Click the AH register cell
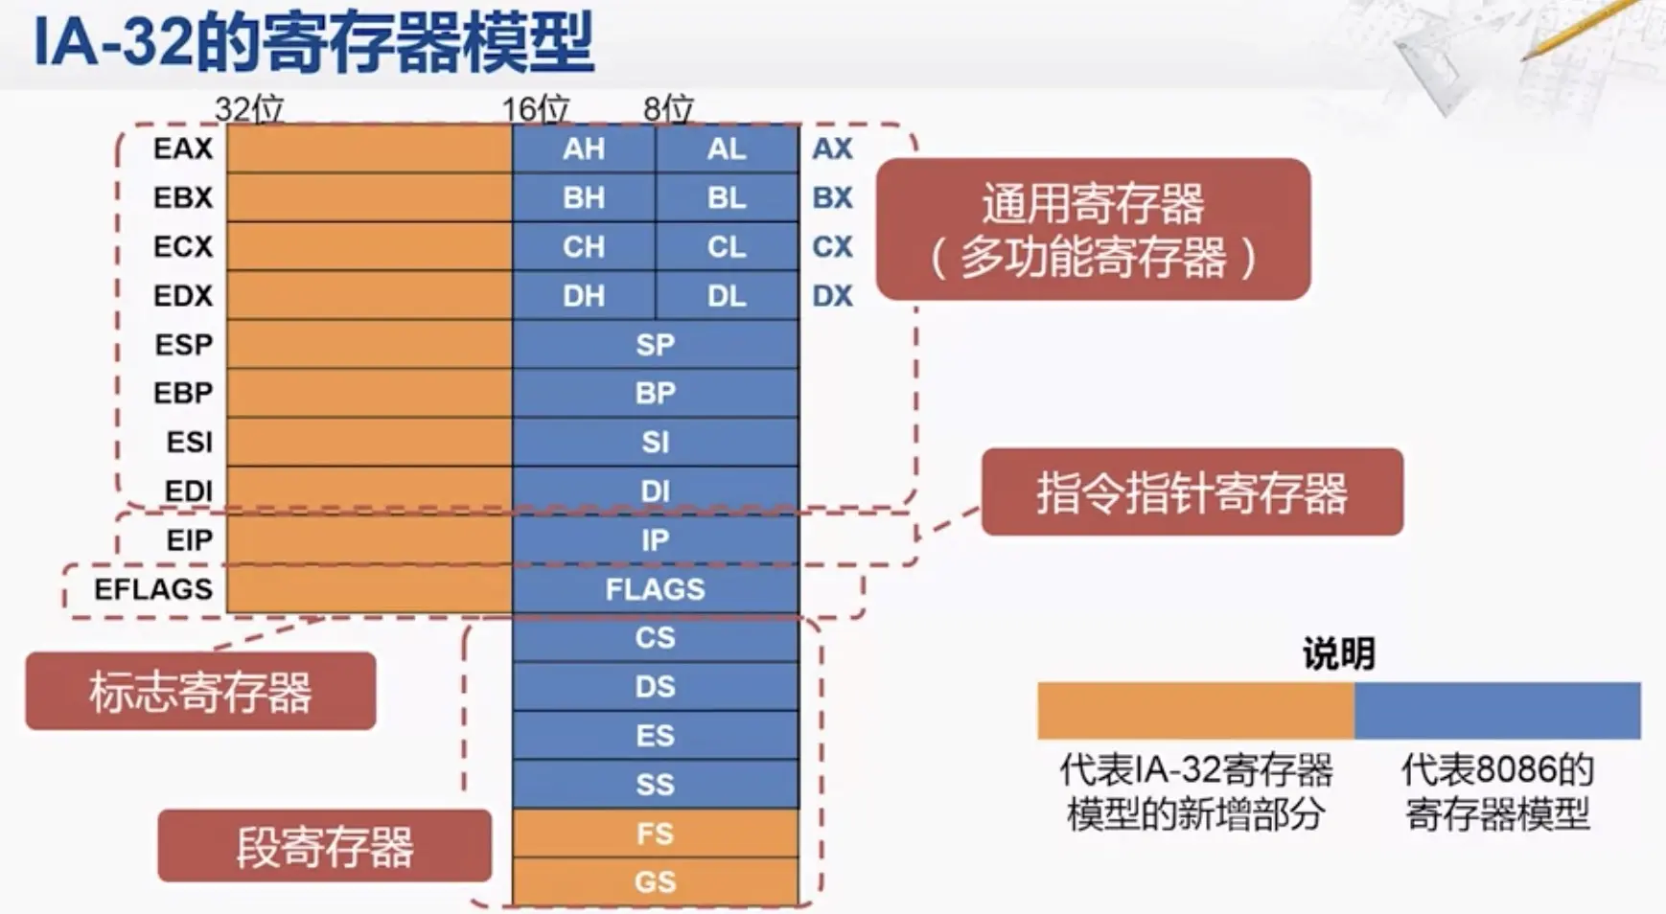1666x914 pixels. point(584,149)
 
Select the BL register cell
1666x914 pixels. point(727,197)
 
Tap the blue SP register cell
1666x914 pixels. point(655,344)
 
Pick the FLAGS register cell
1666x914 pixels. point(655,588)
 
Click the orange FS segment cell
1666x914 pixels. point(655,834)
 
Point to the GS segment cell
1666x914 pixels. point(655,881)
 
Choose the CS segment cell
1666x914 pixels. point(655,637)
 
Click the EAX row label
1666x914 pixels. point(182,149)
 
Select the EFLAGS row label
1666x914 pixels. point(153,588)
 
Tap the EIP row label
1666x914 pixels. point(189,540)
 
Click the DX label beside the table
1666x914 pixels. point(832,295)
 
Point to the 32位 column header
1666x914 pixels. point(249,108)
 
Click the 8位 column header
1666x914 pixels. point(668,108)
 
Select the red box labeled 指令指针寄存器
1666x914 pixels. point(1192,491)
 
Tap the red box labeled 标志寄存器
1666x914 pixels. point(200,691)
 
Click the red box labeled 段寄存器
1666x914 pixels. point(324,846)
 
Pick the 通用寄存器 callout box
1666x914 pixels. point(1093,230)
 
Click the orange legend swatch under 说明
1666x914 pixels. point(1195,710)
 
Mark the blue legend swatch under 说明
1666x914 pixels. point(1497,710)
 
